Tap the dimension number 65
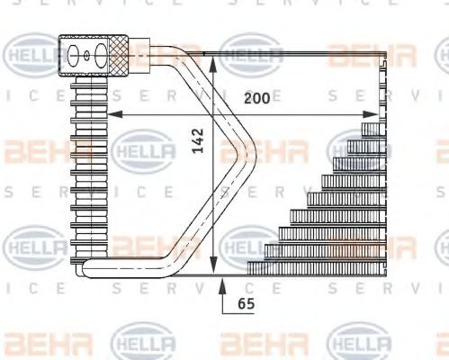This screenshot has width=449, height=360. (x=246, y=304)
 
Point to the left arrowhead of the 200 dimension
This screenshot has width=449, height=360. (x=113, y=114)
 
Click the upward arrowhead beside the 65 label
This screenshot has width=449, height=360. (x=222, y=284)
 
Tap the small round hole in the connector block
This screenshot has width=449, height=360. (x=86, y=56)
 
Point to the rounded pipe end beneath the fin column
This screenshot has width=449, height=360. (x=83, y=267)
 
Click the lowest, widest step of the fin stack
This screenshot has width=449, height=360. (x=315, y=265)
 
